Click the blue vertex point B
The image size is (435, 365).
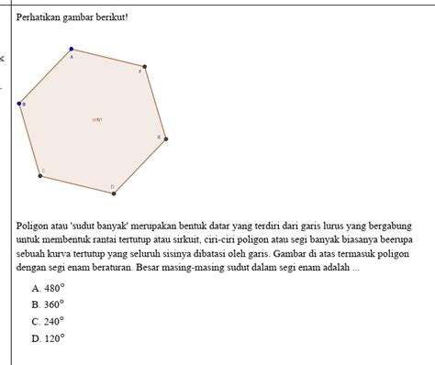coord(19,104)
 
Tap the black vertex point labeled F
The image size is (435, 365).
coord(144,67)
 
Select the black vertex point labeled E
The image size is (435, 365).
coord(166,138)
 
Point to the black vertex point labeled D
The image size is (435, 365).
coord(114,194)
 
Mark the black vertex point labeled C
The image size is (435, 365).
coord(39,175)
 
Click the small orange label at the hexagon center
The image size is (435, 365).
coord(97,119)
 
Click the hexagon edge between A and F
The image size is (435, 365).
coord(108,58)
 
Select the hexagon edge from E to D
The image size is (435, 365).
coord(140,166)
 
